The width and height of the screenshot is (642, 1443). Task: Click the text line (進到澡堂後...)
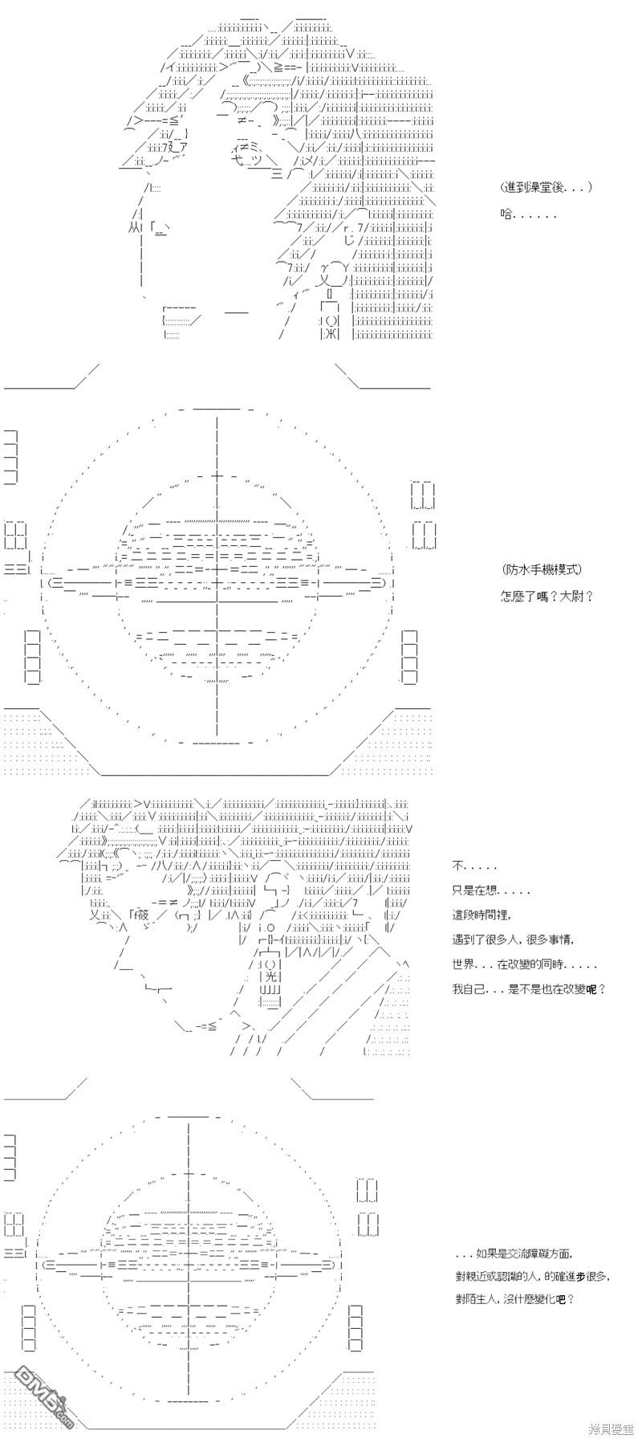point(546,187)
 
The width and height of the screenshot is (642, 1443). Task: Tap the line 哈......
point(527,214)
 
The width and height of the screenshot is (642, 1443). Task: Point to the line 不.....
point(474,866)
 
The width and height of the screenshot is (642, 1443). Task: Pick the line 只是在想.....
point(491,891)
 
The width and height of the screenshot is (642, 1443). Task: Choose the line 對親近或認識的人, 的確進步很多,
point(531,1276)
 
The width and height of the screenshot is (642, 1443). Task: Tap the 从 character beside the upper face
point(134,229)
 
